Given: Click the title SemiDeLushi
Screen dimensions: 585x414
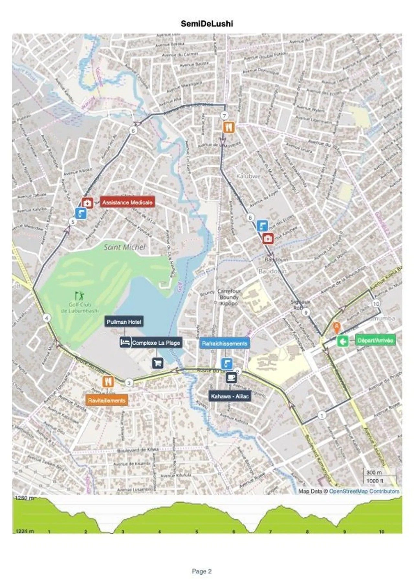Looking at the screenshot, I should click(x=207, y=24).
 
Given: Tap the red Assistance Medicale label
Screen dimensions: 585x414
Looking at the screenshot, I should click(x=127, y=203).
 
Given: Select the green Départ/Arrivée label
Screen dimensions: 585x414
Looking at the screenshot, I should click(x=375, y=340).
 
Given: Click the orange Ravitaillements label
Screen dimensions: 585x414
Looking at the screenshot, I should click(x=106, y=401).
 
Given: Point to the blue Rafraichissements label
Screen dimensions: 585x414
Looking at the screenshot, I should click(x=224, y=344).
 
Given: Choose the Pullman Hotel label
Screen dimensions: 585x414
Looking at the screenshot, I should click(x=124, y=322).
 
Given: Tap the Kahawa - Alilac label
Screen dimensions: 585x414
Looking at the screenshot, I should click(x=230, y=396).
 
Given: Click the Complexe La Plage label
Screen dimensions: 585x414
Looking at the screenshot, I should click(x=156, y=343).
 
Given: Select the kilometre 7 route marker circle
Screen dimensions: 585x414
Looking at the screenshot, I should click(x=224, y=116).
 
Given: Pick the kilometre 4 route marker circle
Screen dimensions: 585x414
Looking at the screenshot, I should click(x=47, y=318).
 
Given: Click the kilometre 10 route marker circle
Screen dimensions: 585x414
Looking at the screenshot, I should click(x=376, y=304).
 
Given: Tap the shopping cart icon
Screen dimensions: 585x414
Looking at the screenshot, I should click(x=158, y=363).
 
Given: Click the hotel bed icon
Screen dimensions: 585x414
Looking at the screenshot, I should click(x=125, y=342).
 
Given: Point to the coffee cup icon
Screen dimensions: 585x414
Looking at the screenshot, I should click(x=231, y=377).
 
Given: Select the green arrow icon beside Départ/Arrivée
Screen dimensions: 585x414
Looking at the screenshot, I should click(x=343, y=341).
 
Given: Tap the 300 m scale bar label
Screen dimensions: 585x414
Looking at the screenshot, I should click(x=374, y=472).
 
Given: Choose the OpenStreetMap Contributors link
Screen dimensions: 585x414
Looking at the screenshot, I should click(x=364, y=491).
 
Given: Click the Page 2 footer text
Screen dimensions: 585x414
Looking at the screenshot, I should click(x=202, y=571).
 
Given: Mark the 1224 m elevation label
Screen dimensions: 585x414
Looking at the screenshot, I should click(x=25, y=531).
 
